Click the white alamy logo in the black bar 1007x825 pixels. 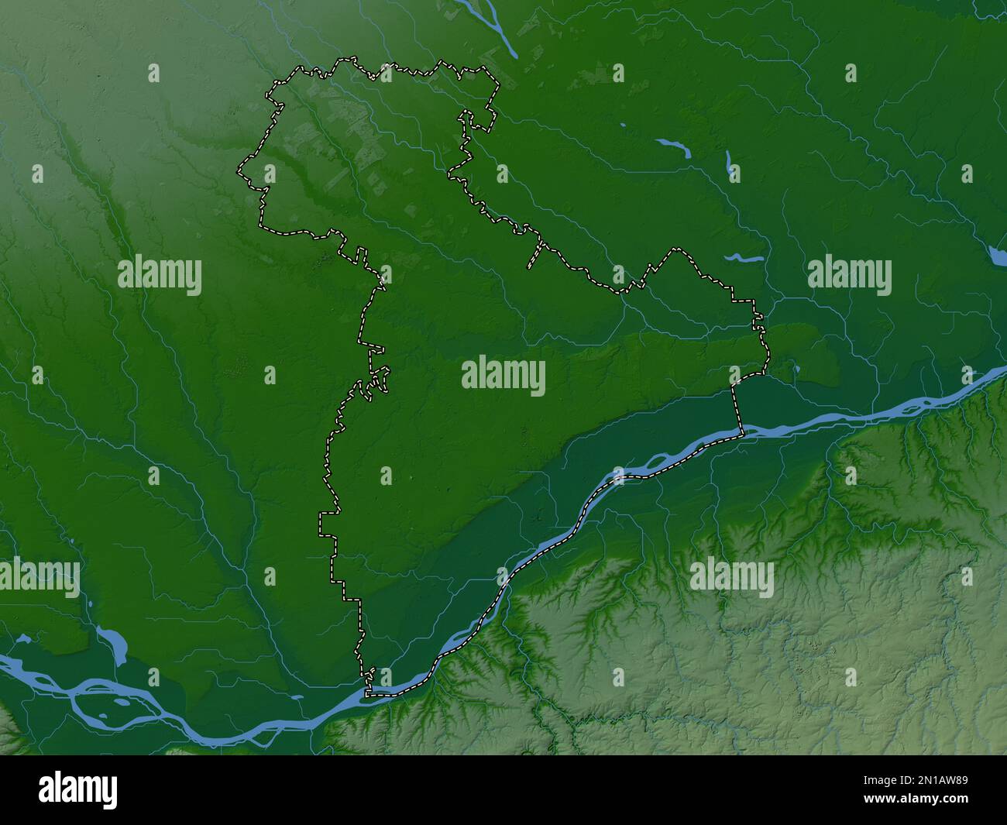[x=78, y=789]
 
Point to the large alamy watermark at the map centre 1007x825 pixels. [x=503, y=376]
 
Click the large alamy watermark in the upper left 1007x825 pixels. [x=160, y=276]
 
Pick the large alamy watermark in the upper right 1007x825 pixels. [x=849, y=276]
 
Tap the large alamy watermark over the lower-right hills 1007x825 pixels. [x=731, y=578]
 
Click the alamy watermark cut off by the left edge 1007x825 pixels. [x=39, y=578]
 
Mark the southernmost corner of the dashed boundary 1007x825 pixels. [x=367, y=694]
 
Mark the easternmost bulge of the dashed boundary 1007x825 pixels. [x=768, y=356]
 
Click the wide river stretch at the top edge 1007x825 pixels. [x=496, y=27]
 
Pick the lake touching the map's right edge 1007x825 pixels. [x=998, y=256]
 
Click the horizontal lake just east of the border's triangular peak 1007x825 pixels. [x=744, y=257]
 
